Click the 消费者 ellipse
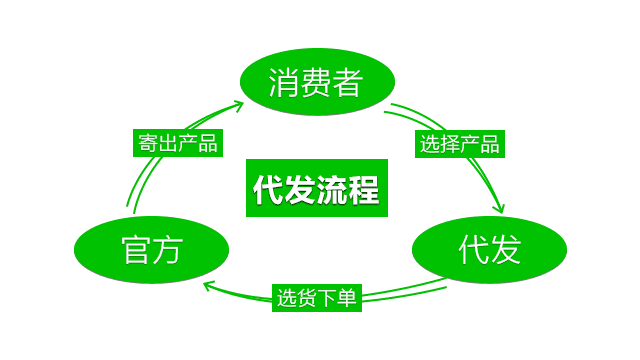click(315, 83)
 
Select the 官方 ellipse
click(151, 249)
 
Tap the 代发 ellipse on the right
click(490, 249)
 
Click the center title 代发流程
click(316, 188)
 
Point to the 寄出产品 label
click(176, 142)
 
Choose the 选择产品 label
click(459, 142)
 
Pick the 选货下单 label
click(316, 298)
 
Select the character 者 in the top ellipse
click(346, 83)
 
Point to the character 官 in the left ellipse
click(136, 249)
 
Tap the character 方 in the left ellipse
click(167, 249)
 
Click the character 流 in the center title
click(332, 188)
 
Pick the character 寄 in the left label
click(146, 142)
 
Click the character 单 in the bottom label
click(347, 298)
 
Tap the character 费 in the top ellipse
click(315, 83)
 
